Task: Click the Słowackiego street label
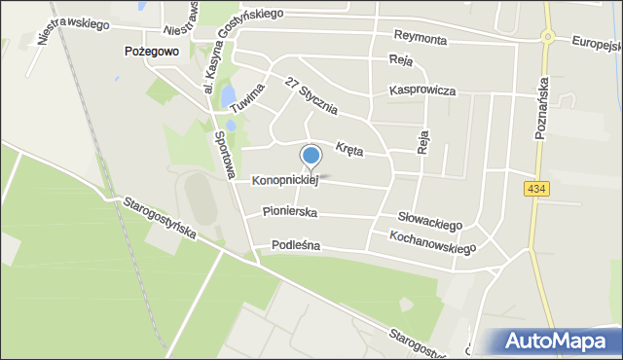coord(429,221)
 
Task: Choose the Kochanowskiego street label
coord(432,242)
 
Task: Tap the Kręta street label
coord(348,148)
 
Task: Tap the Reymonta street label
coord(420,37)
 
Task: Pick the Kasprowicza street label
coord(422,90)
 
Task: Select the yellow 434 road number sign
coord(533,189)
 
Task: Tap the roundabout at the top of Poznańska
coord(548,38)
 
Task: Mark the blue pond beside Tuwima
coord(227,96)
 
